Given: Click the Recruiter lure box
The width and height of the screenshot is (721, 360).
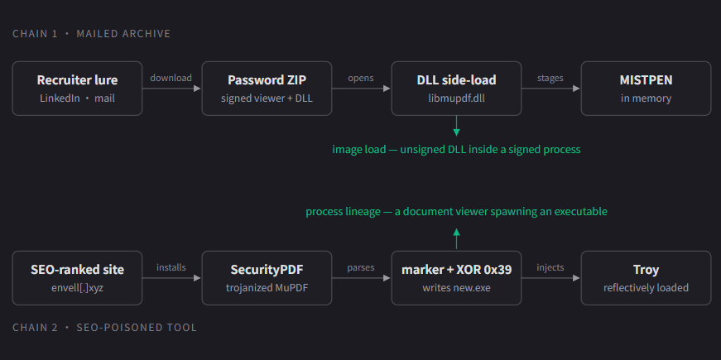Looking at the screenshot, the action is pyautogui.click(x=77, y=89).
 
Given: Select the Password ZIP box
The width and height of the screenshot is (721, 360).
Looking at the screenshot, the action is pyautogui.click(x=267, y=89).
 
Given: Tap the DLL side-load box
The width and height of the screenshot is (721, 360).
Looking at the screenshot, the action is pyautogui.click(x=456, y=89).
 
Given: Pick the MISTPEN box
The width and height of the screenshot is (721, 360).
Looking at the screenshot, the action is pyautogui.click(x=646, y=89).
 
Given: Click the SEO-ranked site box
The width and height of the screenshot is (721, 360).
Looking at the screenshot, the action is pyautogui.click(x=77, y=278).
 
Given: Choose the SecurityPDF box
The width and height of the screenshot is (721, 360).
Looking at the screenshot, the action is pyautogui.click(x=267, y=278).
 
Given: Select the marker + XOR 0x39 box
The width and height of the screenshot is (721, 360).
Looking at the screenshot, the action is pyautogui.click(x=456, y=278).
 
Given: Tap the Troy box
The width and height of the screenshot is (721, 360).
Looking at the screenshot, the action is pyautogui.click(x=646, y=278).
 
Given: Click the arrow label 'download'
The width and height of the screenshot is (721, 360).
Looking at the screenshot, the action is pyautogui.click(x=171, y=78).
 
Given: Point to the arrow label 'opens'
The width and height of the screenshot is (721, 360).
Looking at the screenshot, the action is pyautogui.click(x=361, y=78).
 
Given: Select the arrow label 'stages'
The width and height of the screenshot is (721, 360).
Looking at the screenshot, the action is pyautogui.click(x=550, y=78).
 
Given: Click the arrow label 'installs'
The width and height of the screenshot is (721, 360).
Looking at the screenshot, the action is pyautogui.click(x=171, y=267).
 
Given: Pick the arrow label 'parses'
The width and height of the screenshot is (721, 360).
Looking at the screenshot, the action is pyautogui.click(x=361, y=267).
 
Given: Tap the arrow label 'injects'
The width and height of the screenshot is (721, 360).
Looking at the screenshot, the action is pyautogui.click(x=550, y=267).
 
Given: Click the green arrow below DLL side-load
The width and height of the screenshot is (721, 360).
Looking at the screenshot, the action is pyautogui.click(x=456, y=126).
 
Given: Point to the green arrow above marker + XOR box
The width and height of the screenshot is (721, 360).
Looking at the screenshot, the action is pyautogui.click(x=456, y=238).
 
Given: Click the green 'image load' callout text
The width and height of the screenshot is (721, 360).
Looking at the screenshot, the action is pyautogui.click(x=456, y=150).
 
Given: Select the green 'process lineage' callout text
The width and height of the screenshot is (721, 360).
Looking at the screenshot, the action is pyautogui.click(x=456, y=212).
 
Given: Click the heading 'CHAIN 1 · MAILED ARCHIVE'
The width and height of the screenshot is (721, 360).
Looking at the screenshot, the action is pyautogui.click(x=92, y=34).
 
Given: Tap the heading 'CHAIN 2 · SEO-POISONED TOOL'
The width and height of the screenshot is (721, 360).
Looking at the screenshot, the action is pyautogui.click(x=104, y=328).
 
